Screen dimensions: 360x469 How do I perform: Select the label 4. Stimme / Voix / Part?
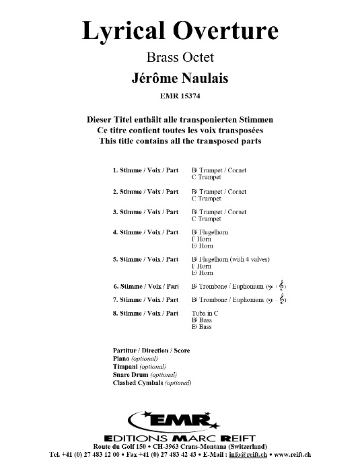[145, 233]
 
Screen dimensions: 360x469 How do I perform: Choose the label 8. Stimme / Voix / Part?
[145, 314]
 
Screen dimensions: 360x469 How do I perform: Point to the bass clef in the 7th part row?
[270, 300]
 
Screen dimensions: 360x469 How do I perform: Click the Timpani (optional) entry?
[139, 367]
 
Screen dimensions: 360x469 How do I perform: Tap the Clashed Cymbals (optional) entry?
[153, 382]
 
